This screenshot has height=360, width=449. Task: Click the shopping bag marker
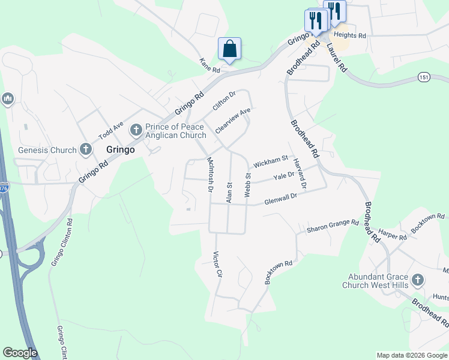pyautogui.click(x=230, y=49)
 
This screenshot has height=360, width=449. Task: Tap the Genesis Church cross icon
pyautogui.click(x=86, y=149)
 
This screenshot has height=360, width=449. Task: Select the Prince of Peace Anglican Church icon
pyautogui.click(x=136, y=128)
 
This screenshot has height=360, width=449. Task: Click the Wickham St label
pyautogui.click(x=271, y=162)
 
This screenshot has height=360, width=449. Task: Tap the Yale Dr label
pyautogui.click(x=284, y=176)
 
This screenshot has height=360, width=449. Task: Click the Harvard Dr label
pyautogui.click(x=300, y=174)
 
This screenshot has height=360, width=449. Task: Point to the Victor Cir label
pyautogui.click(x=218, y=264)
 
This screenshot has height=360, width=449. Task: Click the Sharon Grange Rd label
pyautogui.click(x=333, y=227)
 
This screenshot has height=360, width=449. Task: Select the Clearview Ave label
pyautogui.click(x=232, y=120)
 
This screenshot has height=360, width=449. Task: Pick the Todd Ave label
pyautogui.click(x=110, y=130)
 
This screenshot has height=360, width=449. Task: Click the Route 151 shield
pyautogui.click(x=424, y=77)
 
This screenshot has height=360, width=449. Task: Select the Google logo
pyautogui.click(x=20, y=353)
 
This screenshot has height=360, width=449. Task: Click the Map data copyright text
pyautogui.click(x=411, y=355)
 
